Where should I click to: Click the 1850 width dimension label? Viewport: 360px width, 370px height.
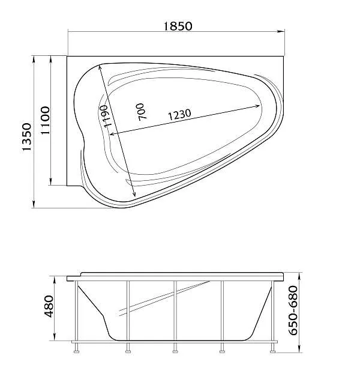(x=178, y=26)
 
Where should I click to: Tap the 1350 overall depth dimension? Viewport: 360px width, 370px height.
(x=26, y=137)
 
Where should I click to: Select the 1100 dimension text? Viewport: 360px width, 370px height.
(x=45, y=120)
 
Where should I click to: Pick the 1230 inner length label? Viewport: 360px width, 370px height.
(x=179, y=114)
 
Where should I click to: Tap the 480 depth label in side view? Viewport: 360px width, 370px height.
(x=49, y=306)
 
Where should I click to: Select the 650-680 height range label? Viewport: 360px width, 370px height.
(x=293, y=311)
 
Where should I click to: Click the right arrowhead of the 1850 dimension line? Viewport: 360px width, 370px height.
(x=281, y=31)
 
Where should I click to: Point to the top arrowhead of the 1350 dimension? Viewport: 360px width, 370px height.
(x=34, y=59)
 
